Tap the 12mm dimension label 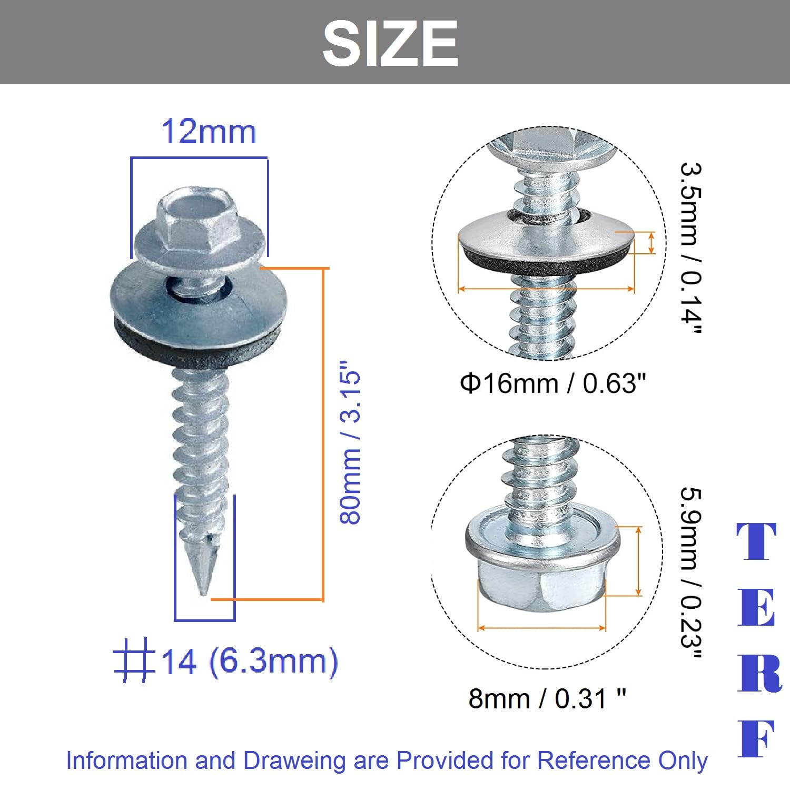tap(209, 131)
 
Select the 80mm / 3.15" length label tap(350, 442)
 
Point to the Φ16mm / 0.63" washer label tap(552, 383)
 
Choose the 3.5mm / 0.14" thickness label tap(690, 248)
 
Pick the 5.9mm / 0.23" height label tap(690, 573)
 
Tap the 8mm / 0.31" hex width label tap(547, 698)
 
